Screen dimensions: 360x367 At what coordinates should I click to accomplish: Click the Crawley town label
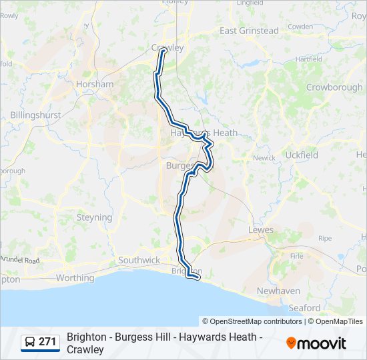coord(167,47)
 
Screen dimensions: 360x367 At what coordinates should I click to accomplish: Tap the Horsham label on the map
coord(95,85)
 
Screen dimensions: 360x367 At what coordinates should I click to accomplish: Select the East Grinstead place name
coord(249,31)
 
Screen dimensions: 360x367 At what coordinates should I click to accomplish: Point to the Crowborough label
coord(334,87)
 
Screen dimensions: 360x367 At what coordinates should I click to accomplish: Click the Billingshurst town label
coord(35,115)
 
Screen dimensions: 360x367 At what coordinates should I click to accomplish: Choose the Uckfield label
coord(301,155)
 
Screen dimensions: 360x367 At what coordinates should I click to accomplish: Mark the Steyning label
coord(94,217)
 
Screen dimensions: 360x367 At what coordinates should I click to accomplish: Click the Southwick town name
coord(139,260)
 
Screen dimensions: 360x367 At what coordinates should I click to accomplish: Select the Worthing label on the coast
coord(75,278)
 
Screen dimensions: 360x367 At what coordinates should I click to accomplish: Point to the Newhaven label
coord(280,291)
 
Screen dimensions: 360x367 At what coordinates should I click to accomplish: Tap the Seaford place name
coord(304,308)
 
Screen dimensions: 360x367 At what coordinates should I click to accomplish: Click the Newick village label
coord(264,158)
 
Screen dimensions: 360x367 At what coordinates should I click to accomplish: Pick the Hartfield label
coord(308,59)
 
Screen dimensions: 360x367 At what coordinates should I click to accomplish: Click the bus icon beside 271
coord(31,343)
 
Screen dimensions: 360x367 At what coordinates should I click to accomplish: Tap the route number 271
coord(47,342)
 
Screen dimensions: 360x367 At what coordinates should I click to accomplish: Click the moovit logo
coord(316,343)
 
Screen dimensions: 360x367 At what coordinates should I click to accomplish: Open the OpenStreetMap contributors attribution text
coord(252,321)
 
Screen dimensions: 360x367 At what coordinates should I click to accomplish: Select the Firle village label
coord(297,255)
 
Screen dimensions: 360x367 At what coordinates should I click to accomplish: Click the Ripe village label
coord(325,238)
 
